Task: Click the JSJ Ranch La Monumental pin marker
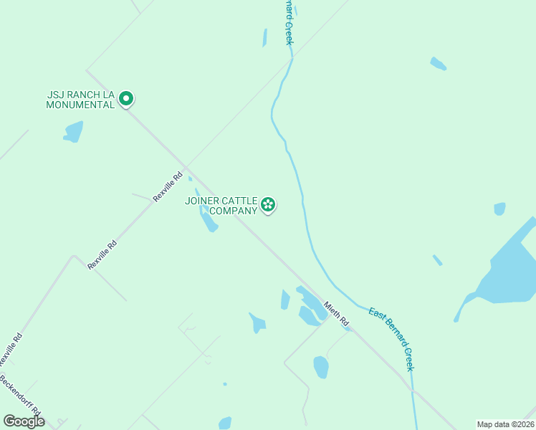coord(126,98)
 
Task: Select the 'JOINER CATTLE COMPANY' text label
coord(221,206)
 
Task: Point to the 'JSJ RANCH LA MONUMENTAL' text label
coord(80,99)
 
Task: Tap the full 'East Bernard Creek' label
coord(391,338)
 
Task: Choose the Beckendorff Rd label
coord(20,400)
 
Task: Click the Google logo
coord(24,421)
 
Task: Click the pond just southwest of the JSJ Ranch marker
coord(73,131)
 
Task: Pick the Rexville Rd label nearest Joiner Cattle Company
coord(169,186)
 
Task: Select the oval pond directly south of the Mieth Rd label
coord(321,367)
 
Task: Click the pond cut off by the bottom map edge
coord(225,423)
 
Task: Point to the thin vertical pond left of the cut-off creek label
coord(265,37)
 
